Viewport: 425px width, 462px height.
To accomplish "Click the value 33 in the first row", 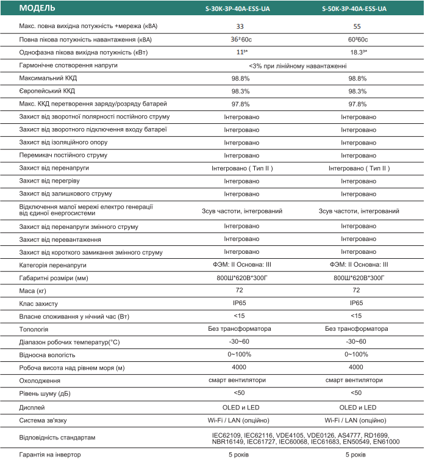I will pyautogui.click(x=240, y=27).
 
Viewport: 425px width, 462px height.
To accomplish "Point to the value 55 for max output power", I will pyautogui.click(x=357, y=27).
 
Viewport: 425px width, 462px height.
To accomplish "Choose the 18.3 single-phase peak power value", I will pyautogui.click(x=357, y=52).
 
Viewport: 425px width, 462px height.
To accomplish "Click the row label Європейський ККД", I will pyautogui.click(x=48, y=91).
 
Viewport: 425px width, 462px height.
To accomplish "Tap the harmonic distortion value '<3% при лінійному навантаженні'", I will pyautogui.click(x=298, y=65).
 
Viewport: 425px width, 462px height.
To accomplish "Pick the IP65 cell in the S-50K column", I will pyautogui.click(x=357, y=303).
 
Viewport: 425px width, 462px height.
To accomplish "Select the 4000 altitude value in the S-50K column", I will pyautogui.click(x=357, y=367).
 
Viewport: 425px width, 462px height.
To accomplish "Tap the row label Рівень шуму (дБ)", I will pyautogui.click(x=43, y=393).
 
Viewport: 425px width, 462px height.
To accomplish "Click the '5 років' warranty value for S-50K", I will pyautogui.click(x=357, y=455).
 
